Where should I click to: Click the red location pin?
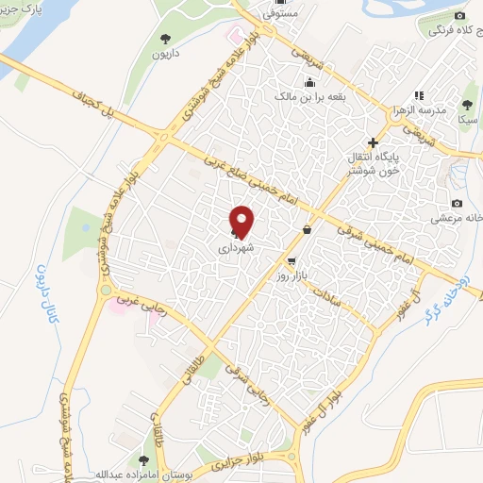(x=242, y=220)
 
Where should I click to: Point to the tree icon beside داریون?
(x=164, y=39)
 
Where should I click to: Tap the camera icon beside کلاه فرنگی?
(x=459, y=16)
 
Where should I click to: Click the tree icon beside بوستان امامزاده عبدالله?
(x=142, y=460)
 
